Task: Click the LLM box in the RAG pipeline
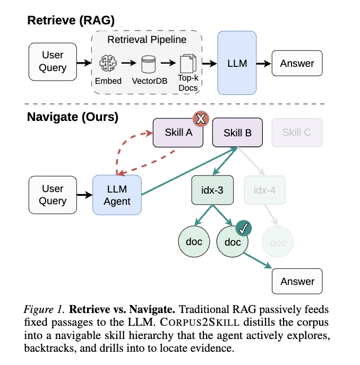coord(237,63)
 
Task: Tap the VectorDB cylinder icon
coord(148,64)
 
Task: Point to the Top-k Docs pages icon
coord(188,65)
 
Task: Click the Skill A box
coord(178,133)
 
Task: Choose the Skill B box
coord(237,133)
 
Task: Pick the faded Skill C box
coord(296,133)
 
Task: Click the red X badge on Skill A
coord(200,119)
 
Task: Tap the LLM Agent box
coord(117,195)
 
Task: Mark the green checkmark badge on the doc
coord(244,228)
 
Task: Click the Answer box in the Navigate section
coord(297,281)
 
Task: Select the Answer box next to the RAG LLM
coord(297,63)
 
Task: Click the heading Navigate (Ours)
coord(73,117)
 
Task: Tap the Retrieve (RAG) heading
coord(71,20)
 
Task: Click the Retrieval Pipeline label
coord(147,39)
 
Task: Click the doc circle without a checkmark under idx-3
coord(194,242)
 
